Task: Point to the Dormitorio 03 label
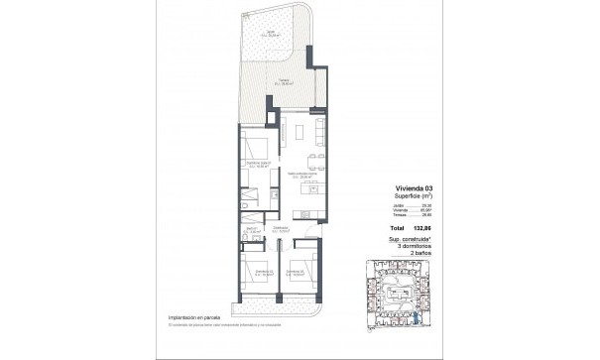coord(296,270)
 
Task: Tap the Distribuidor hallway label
coord(282,229)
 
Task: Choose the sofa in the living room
coord(317,128)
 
